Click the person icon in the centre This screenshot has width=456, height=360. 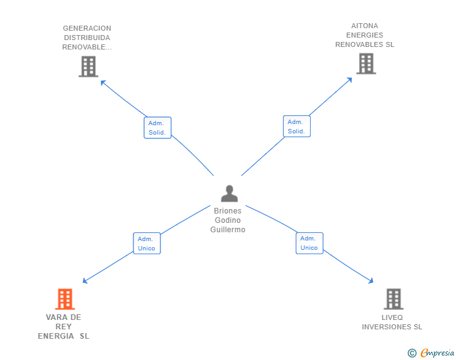pyautogui.click(x=229, y=193)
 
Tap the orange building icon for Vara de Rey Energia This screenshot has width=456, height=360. pyautogui.click(x=65, y=299)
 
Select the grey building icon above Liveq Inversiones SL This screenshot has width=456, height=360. pyautogui.click(x=393, y=299)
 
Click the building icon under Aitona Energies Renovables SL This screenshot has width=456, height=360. pyautogui.click(x=366, y=63)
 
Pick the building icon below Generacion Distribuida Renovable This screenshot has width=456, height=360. pyautogui.click(x=88, y=66)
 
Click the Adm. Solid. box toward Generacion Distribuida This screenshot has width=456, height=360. pyautogui.click(x=157, y=128)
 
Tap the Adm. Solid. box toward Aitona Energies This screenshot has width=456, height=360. pyautogui.click(x=296, y=126)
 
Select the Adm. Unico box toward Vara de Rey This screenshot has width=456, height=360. pyautogui.click(x=147, y=244)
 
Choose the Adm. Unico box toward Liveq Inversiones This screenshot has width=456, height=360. pyautogui.click(x=309, y=243)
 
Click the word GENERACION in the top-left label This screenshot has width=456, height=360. pyautogui.click(x=87, y=28)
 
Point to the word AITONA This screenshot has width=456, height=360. pyautogui.click(x=365, y=26)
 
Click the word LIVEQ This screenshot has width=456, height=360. pyautogui.click(x=392, y=317)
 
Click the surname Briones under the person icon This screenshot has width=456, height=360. pyautogui.click(x=227, y=211)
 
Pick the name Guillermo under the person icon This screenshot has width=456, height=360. pyautogui.click(x=228, y=230)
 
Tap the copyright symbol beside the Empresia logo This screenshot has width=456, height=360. pyautogui.click(x=412, y=354)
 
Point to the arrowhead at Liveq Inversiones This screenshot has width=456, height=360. pyautogui.click(x=371, y=282)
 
